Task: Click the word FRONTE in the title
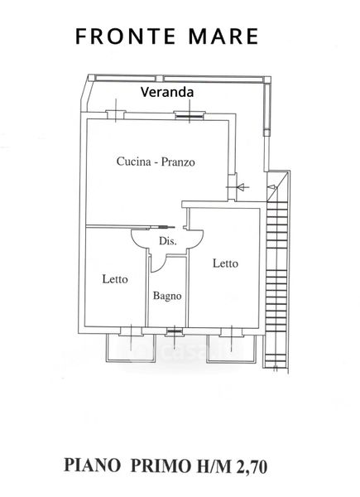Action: (x=126, y=36)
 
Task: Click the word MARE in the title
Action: (x=223, y=36)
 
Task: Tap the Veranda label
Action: (x=167, y=92)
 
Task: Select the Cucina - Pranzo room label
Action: (x=156, y=162)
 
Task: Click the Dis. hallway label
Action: (x=168, y=241)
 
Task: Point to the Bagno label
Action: (x=167, y=296)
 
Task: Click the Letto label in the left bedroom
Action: (x=115, y=279)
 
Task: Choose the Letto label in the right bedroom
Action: (x=225, y=263)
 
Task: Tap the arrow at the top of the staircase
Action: (x=272, y=187)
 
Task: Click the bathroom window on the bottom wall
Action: (x=175, y=331)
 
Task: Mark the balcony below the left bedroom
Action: (x=131, y=348)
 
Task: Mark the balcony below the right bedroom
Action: (x=231, y=348)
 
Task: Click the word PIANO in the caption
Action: (x=93, y=466)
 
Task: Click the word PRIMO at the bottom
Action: (x=162, y=466)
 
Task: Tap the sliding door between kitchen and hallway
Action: (x=161, y=227)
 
